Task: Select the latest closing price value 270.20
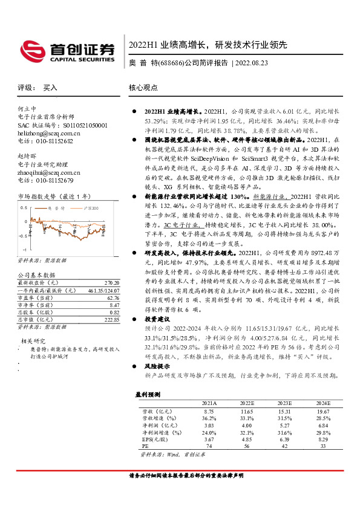(112, 282)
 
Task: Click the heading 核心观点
(143, 88)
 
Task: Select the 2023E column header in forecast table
(284, 402)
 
